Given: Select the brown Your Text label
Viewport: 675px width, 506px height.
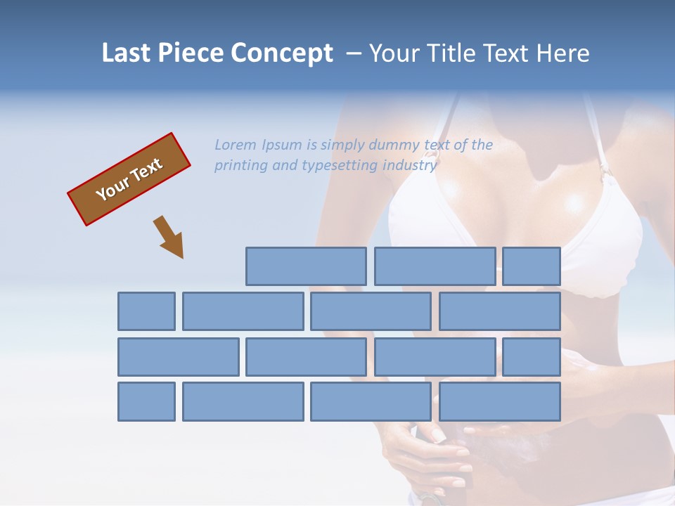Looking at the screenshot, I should (129, 179).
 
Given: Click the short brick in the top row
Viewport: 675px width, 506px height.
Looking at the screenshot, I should (532, 266).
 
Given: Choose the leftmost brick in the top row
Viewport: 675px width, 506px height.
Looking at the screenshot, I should (306, 266).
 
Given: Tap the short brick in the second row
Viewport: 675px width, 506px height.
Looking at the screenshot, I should (146, 311).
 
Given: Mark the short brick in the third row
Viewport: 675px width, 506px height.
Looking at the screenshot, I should (532, 357).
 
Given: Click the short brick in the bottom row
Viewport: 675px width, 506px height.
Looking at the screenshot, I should (146, 402).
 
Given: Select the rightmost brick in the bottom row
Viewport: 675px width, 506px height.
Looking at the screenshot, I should (500, 402).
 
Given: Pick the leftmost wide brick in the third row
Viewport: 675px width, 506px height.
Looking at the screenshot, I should (178, 357).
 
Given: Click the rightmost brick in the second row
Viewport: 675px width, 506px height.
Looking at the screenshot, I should (500, 311).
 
